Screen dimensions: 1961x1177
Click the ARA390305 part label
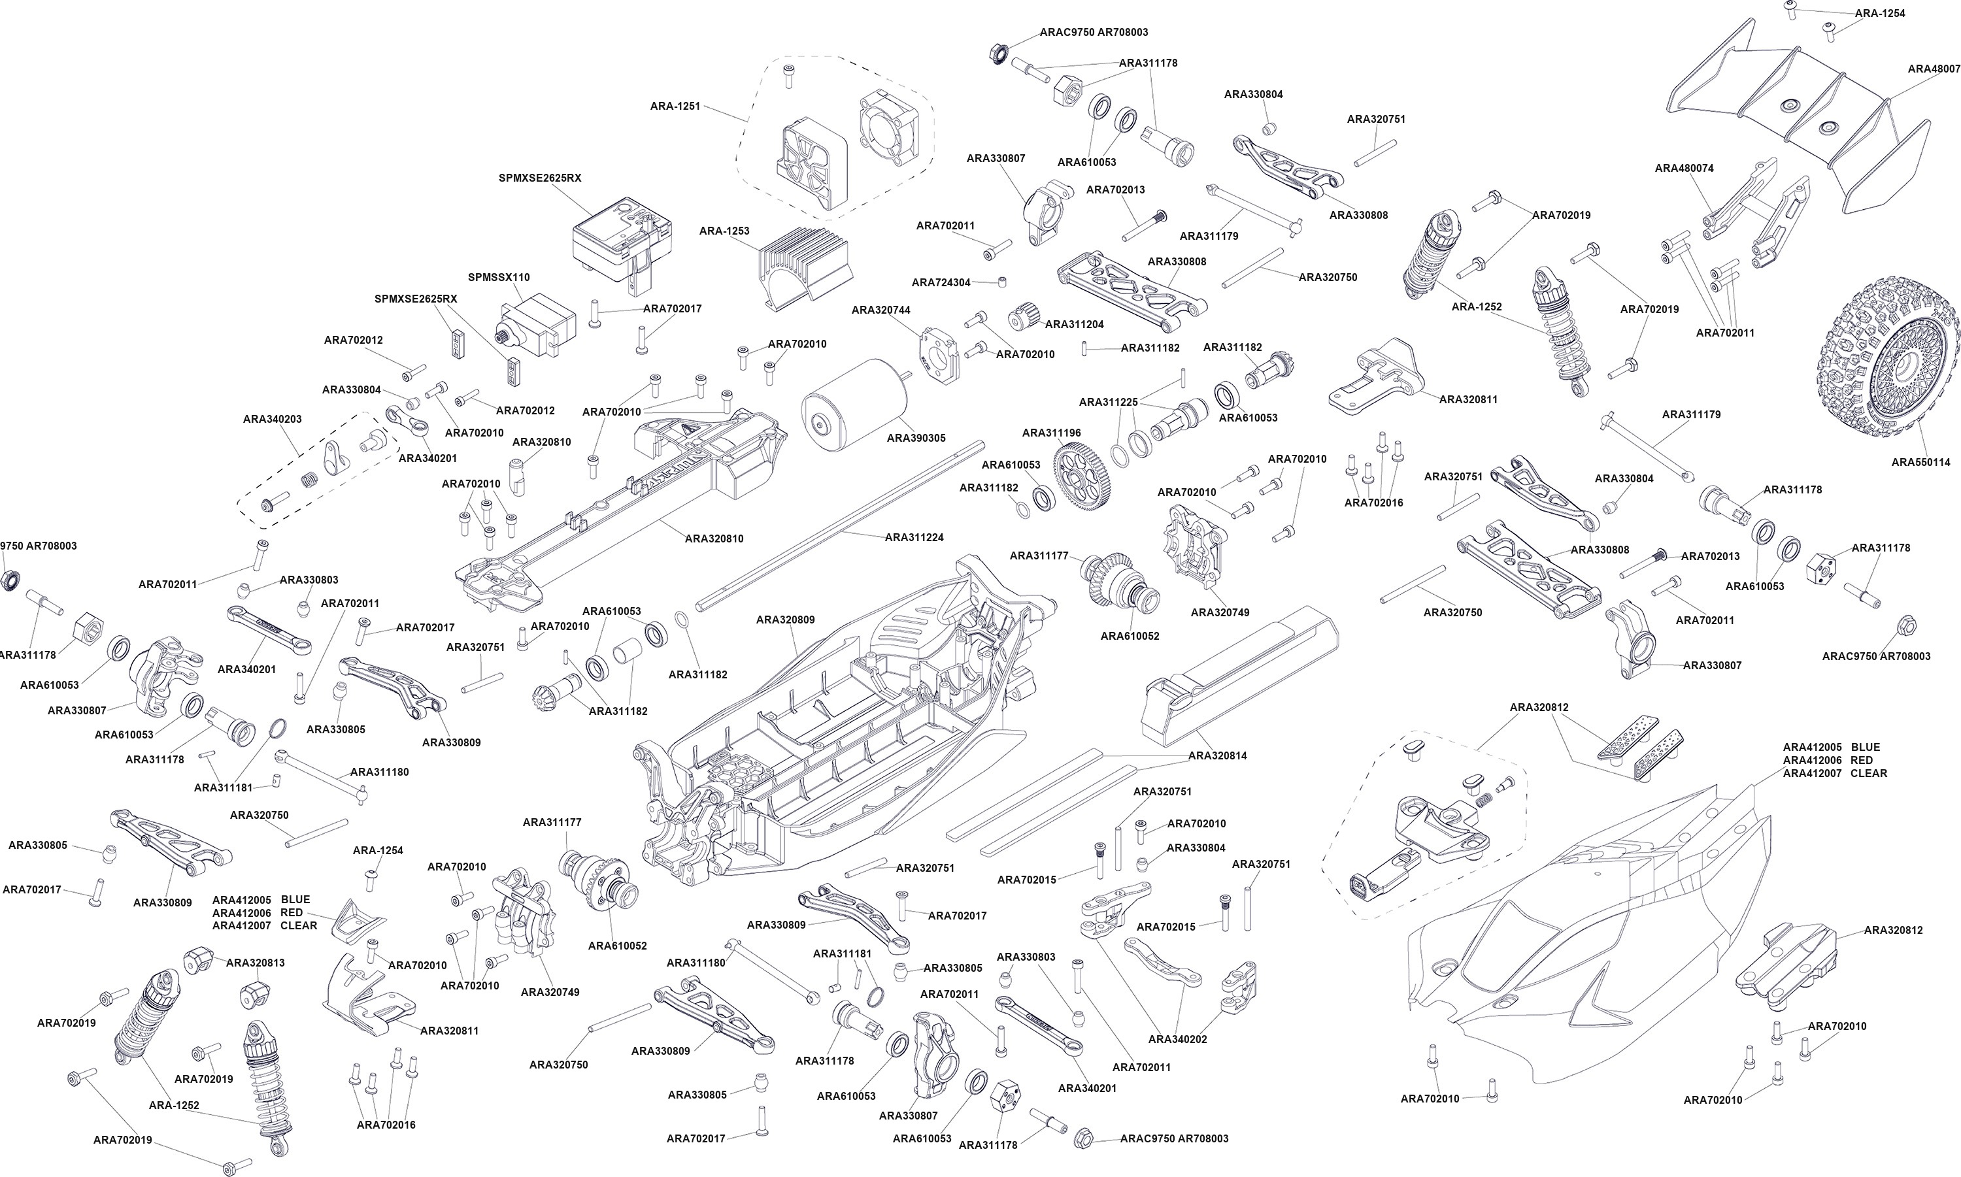click(x=916, y=438)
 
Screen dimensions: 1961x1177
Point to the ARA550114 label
click(x=1920, y=463)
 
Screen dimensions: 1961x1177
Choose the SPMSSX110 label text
click(x=499, y=278)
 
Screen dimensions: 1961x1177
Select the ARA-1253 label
click(x=724, y=231)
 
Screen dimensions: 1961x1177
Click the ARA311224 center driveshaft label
click(x=914, y=537)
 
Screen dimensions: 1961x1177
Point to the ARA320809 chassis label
click(x=785, y=620)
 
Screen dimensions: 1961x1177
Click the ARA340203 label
click(x=272, y=419)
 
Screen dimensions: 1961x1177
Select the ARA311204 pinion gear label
click(x=1074, y=324)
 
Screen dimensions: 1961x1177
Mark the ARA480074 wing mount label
click(x=1684, y=168)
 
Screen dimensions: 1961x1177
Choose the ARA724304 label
click(x=941, y=282)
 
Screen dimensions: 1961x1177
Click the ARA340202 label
click(x=1177, y=1039)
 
